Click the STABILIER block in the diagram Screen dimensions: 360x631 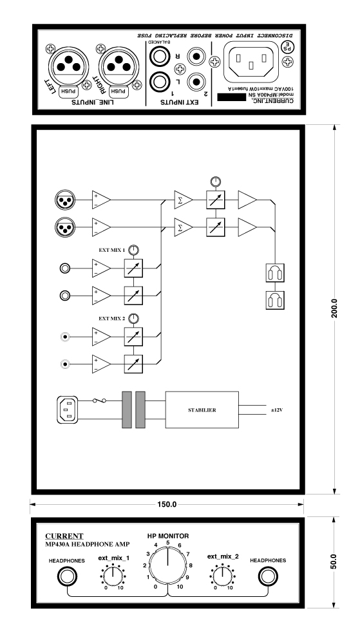[202, 410]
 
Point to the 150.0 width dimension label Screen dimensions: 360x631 [167, 504]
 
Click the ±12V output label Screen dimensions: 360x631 [277, 411]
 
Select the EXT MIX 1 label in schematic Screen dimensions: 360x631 [112, 250]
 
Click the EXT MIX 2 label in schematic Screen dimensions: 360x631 [112, 318]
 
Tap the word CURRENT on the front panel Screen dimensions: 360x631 [64, 536]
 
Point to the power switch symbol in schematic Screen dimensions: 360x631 [99, 400]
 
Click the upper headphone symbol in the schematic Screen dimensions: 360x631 [275, 272]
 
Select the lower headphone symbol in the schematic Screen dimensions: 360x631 [275, 300]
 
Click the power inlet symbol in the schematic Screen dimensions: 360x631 [68, 410]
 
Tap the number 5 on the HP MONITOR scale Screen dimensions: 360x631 [167, 542]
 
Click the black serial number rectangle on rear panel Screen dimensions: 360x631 [231, 97]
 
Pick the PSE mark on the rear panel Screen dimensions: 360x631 [287, 46]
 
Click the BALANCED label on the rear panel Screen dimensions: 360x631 [160, 41]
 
